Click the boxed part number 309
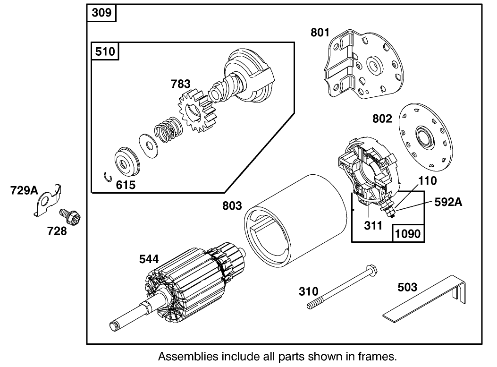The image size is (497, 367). (x=101, y=13)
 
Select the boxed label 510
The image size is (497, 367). (x=105, y=51)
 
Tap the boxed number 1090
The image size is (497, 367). (x=408, y=233)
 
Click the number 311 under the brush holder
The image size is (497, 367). (x=372, y=225)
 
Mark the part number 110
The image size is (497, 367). (x=428, y=180)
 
